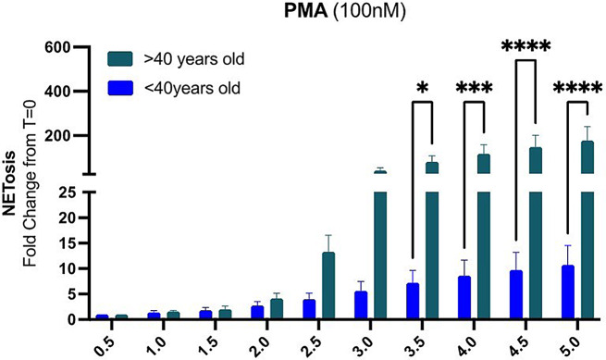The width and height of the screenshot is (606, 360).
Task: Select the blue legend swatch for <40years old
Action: pos(117,91)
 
